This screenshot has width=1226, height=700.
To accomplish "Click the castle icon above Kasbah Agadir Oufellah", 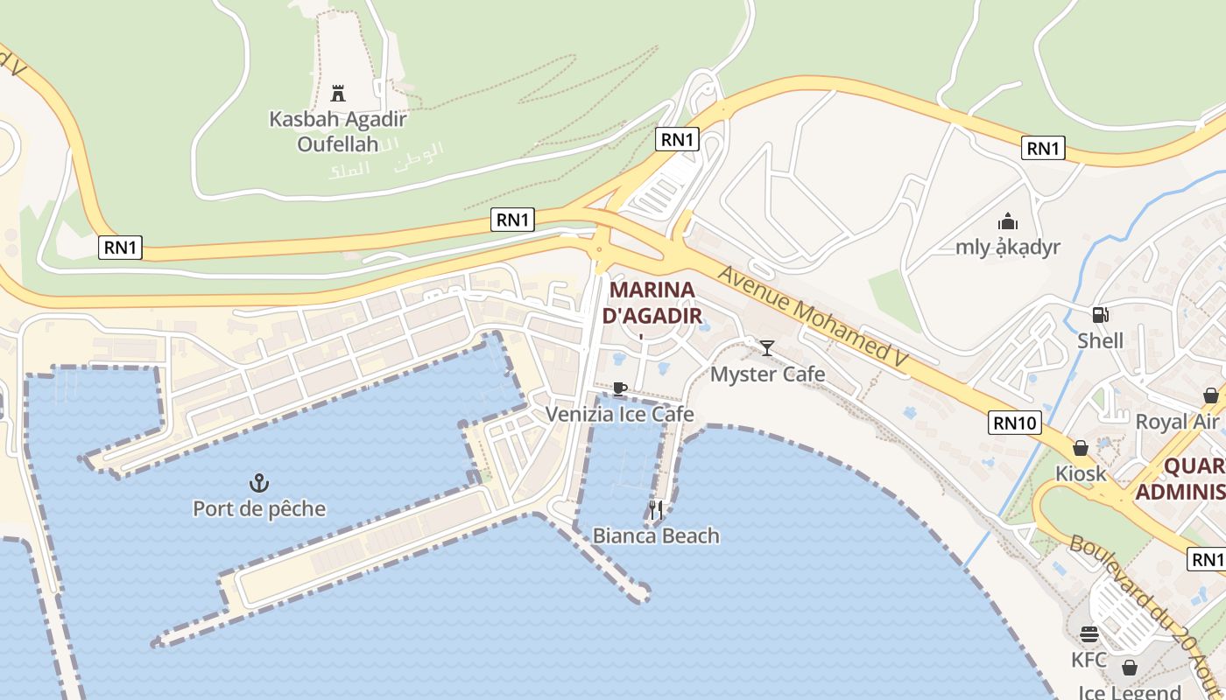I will click(338, 93).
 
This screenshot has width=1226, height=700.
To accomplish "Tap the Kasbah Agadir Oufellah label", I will click(338, 130).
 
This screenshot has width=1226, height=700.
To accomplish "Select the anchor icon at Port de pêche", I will click(258, 482).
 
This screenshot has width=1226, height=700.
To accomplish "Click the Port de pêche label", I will click(259, 508).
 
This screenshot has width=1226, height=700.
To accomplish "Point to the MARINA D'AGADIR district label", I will click(652, 302).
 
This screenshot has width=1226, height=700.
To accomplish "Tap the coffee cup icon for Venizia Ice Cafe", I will click(620, 388).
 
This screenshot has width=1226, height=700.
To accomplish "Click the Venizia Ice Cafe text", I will click(620, 414).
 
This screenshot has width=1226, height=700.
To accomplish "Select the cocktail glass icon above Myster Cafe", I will click(767, 348).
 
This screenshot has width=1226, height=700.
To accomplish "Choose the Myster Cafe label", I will click(768, 374).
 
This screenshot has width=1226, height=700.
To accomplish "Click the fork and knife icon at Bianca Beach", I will click(656, 509).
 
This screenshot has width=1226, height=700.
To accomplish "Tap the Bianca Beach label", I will click(656, 535).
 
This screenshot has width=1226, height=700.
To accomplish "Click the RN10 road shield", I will click(1016, 423).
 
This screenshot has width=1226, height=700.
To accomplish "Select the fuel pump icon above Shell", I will click(1100, 315).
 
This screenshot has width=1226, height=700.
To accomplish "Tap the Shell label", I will click(1101, 340).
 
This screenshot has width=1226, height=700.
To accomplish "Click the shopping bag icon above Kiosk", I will click(1081, 448).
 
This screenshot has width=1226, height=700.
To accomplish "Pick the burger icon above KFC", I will click(1089, 633).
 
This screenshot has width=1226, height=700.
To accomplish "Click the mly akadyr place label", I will click(1008, 247).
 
